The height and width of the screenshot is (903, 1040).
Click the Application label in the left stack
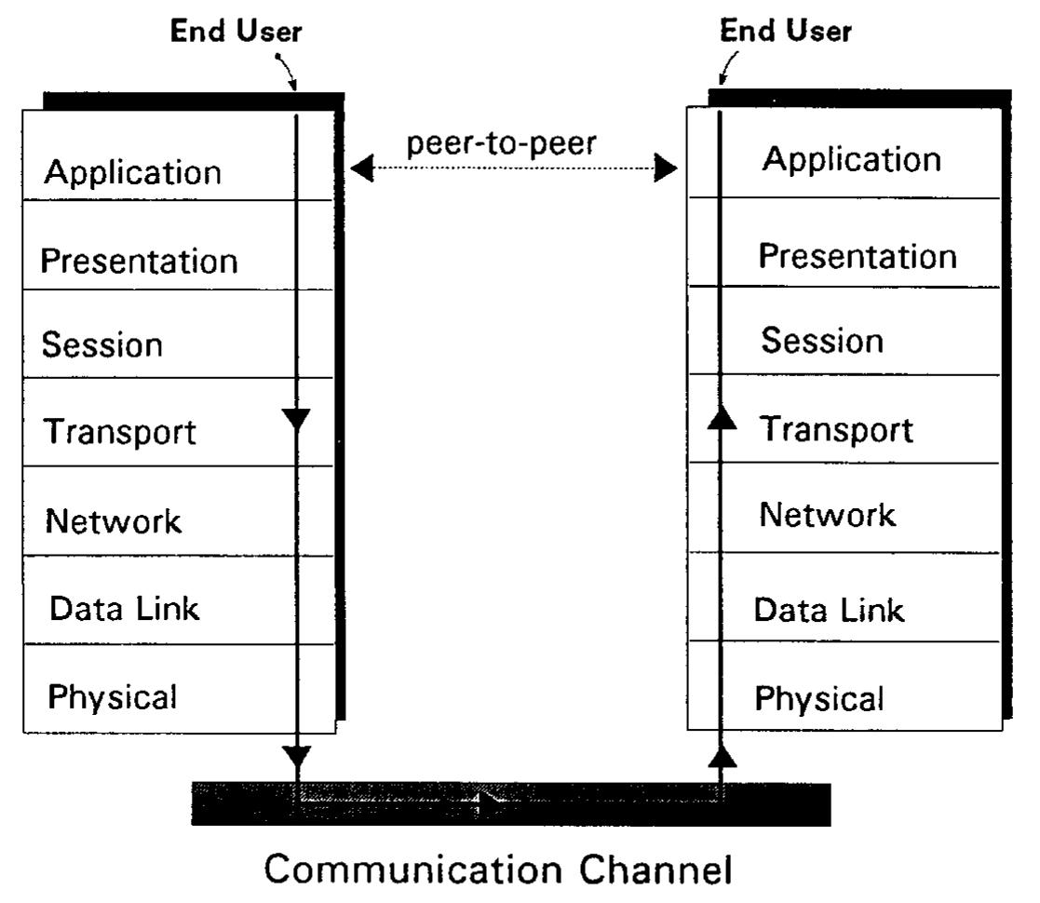(x=133, y=173)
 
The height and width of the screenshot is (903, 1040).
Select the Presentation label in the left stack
(x=139, y=261)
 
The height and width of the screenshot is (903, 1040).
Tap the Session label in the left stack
(x=101, y=346)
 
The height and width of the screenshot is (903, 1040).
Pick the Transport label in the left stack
(x=120, y=433)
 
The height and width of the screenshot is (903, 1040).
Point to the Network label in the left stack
(x=113, y=521)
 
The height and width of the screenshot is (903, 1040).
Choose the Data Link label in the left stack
(x=125, y=608)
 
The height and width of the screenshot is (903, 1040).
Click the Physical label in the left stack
(x=112, y=695)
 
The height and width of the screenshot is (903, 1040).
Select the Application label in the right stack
(x=852, y=159)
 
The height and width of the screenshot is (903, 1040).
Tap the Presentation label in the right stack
(x=858, y=256)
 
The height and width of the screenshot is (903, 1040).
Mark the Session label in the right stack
(x=822, y=341)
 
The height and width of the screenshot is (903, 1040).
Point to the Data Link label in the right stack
(x=829, y=611)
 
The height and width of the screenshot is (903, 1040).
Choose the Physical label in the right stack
(x=818, y=698)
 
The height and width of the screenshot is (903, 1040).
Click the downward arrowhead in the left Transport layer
(x=296, y=422)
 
